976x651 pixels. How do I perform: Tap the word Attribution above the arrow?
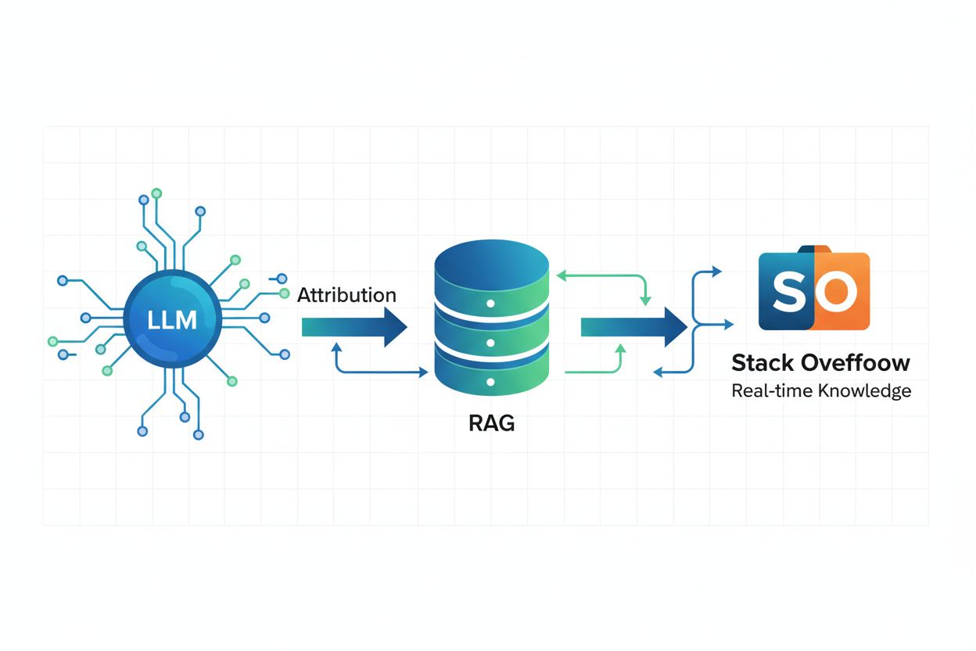[x=346, y=295]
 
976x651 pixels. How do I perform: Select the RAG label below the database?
[x=491, y=423]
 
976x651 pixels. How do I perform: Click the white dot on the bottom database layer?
[x=491, y=383]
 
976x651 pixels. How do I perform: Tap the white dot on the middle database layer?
[x=491, y=343]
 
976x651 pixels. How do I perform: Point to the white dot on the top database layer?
[x=491, y=303]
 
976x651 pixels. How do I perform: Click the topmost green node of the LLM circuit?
[x=156, y=192]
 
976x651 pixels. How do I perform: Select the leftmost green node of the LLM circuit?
[x=52, y=341]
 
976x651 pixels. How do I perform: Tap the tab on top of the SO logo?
[x=813, y=250]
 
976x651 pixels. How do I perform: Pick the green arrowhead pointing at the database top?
[x=558, y=275]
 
